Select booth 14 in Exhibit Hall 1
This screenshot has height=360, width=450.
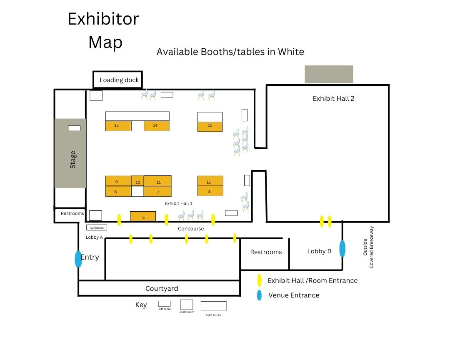[156, 126]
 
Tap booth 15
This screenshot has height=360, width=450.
[210, 126]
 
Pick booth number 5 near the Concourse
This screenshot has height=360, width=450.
[143, 217]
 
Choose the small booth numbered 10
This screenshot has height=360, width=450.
[138, 182]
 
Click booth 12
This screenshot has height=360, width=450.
[210, 181]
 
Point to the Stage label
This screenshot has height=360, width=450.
[73, 160]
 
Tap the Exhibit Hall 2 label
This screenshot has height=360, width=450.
[333, 99]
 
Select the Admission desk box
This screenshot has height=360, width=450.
[97, 228]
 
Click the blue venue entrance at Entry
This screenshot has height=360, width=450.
[78, 259]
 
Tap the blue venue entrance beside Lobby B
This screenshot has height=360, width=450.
[342, 249]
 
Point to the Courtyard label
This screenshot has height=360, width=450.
[162, 288]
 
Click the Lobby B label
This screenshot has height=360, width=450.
[319, 251]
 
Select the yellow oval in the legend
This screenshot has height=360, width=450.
[260, 280]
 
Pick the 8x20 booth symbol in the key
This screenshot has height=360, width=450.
[213, 306]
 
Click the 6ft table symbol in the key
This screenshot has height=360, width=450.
[164, 303]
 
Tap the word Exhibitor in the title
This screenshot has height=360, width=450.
[103, 19]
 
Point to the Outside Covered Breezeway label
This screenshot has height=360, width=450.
[368, 247]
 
